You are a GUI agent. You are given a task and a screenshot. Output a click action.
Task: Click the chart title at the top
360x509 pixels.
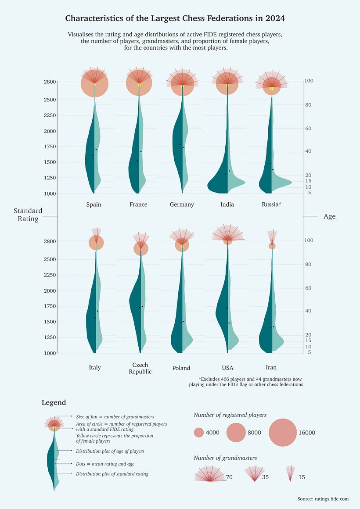pyautogui.click(x=175, y=18)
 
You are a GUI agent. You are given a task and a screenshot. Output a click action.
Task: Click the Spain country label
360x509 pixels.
pyautogui.click(x=94, y=204)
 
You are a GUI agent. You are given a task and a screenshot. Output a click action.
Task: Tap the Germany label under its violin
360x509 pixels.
pyautogui.click(x=182, y=204)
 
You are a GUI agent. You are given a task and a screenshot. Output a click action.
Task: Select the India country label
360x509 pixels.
pyautogui.click(x=227, y=204)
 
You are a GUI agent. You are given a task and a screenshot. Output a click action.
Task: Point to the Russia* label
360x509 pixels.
pyautogui.click(x=271, y=204)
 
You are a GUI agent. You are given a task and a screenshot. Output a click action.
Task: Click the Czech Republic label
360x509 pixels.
pyautogui.click(x=140, y=368)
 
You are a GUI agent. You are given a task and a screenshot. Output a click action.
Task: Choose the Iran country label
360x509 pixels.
pyautogui.click(x=271, y=367)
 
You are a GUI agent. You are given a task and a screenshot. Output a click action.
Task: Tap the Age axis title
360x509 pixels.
pyautogui.click(x=329, y=216)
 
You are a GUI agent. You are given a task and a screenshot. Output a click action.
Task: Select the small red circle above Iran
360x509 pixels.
pyautogui.click(x=272, y=246)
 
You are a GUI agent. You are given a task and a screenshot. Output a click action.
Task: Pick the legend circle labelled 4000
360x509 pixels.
pyautogui.click(x=199, y=433)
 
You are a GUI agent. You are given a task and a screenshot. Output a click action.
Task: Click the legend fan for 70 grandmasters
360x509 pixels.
pyautogui.click(x=209, y=475)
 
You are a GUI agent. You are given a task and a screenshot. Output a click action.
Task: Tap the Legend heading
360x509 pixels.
pyautogui.click(x=54, y=402)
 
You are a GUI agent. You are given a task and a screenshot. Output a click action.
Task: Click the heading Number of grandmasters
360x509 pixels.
pyautogui.click(x=225, y=458)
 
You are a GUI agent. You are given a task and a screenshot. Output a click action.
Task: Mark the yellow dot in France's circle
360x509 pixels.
pyautogui.click(x=139, y=85)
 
